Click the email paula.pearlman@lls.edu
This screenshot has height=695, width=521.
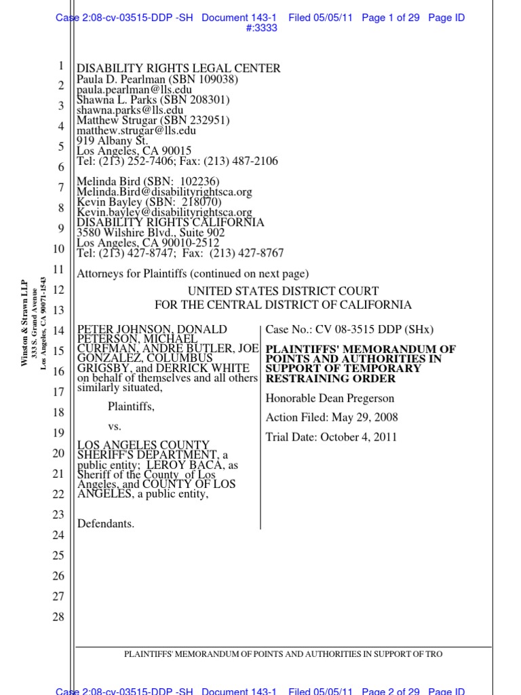(134, 90)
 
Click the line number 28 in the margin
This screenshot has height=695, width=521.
(58, 617)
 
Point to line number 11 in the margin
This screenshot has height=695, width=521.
(58, 269)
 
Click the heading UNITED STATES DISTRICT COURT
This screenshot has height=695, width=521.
(283, 292)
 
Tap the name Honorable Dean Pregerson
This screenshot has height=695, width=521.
(330, 398)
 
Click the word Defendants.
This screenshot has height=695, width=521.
(105, 523)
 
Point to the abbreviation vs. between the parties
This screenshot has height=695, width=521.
(115, 428)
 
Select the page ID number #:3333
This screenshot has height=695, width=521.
(260, 29)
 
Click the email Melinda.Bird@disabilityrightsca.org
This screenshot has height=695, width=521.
(164, 192)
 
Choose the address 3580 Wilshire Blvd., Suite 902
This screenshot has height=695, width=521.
(150, 233)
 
